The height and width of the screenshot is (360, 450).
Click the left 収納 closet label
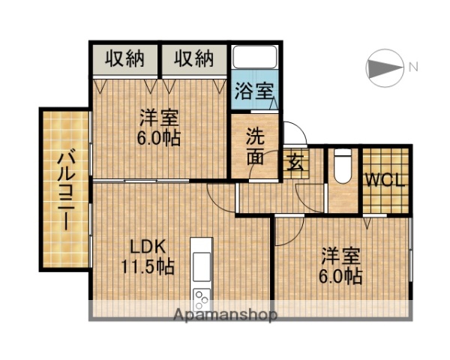(x=124, y=58)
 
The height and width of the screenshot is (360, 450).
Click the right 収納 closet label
(x=194, y=58)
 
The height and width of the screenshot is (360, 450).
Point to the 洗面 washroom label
(x=256, y=147)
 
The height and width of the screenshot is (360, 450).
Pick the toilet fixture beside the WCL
(x=342, y=166)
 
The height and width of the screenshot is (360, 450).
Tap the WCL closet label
(x=385, y=181)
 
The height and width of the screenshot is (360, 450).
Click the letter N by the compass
(x=413, y=68)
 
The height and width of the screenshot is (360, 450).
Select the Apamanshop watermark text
(x=225, y=314)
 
